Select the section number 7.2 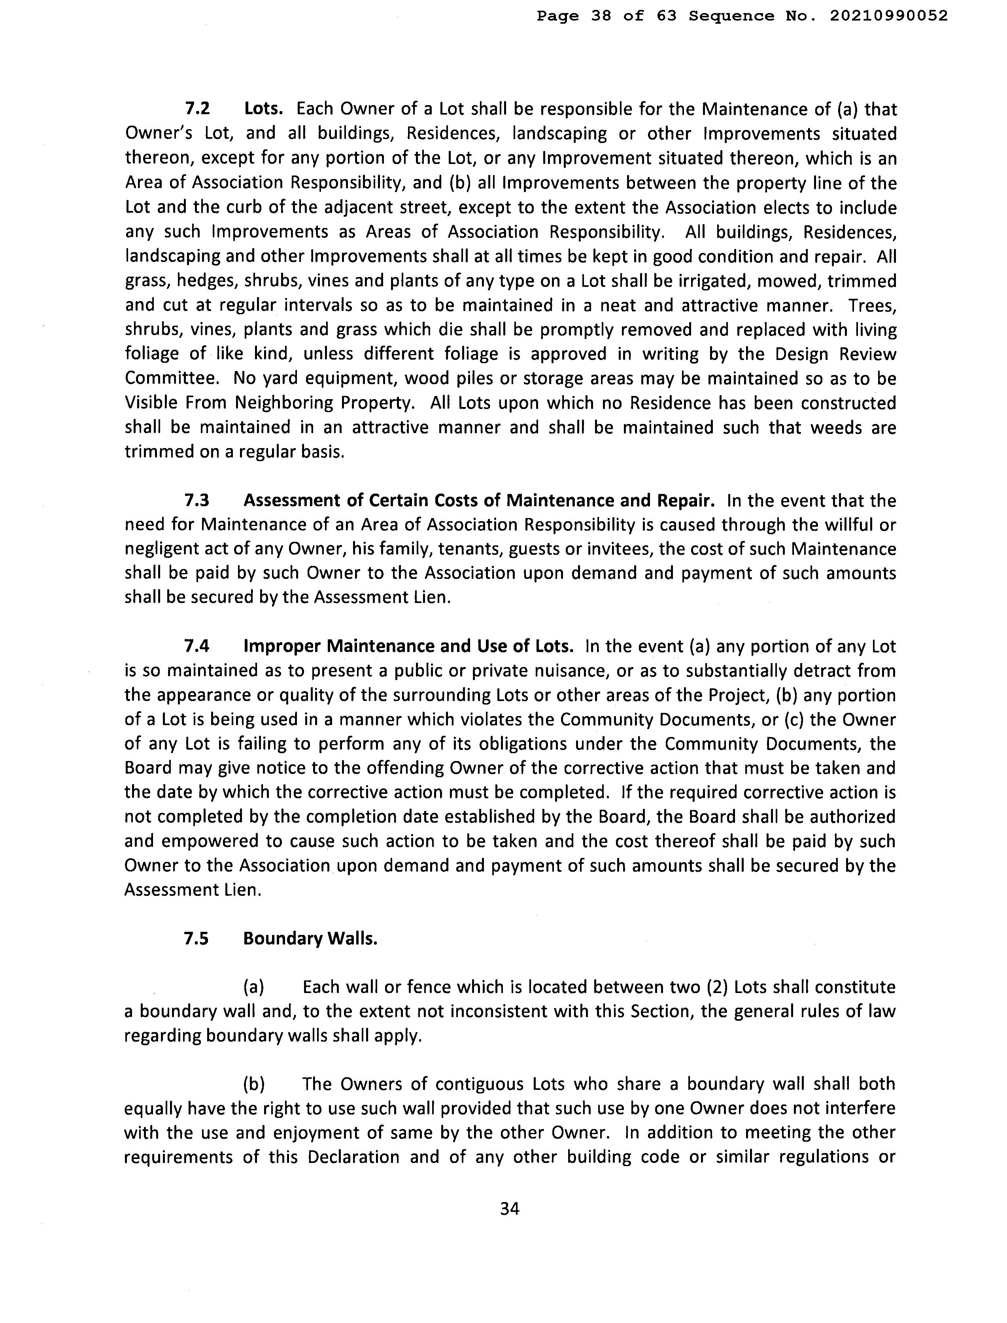(x=197, y=109)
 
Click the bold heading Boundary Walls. (x=310, y=939)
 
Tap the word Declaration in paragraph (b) (x=353, y=1158)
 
